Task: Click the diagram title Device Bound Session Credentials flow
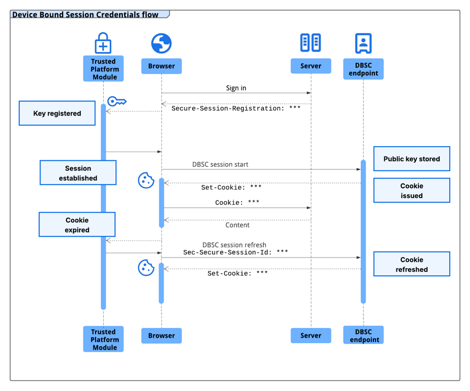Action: coord(85,15)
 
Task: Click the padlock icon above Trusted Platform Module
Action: coord(103,43)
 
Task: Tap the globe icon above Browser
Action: coord(161,43)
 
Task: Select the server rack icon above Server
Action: coord(311,42)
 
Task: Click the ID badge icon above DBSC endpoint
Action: coord(363,43)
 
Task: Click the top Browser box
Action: coord(161,66)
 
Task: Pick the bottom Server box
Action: coord(311,336)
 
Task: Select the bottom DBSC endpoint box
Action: coord(363,335)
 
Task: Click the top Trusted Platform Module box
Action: coord(103,69)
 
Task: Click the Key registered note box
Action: coord(57,113)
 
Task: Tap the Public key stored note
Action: coord(411,159)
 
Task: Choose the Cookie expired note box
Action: coord(77,225)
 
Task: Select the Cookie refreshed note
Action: coord(411,264)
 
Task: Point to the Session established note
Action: coord(78,173)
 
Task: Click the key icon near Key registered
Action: coord(116,102)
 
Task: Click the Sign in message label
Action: coord(236,88)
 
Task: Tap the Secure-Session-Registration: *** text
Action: coord(236,109)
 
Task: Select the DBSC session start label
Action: coord(220,164)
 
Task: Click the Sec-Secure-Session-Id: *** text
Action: coord(236,252)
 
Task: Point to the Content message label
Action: coord(237,225)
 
